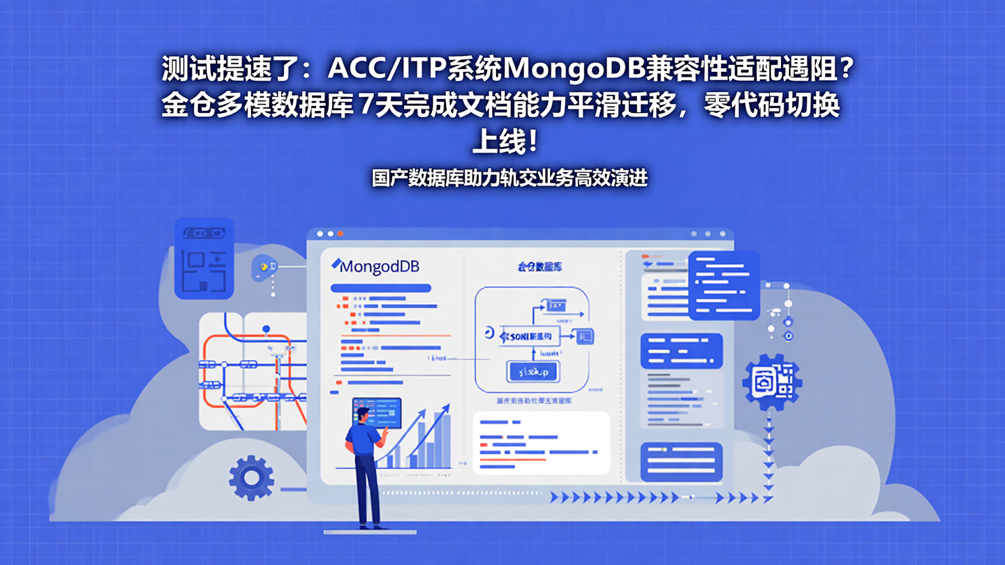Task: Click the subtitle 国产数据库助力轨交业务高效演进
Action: (x=509, y=178)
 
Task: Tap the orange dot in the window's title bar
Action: (x=341, y=234)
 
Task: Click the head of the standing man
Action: (x=362, y=414)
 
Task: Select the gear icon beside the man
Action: (x=251, y=477)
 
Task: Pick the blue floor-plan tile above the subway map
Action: (x=203, y=258)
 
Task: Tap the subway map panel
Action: (x=253, y=371)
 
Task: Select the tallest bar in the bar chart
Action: (x=441, y=439)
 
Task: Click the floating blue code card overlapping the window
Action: (x=724, y=285)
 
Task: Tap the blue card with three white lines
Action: (x=681, y=461)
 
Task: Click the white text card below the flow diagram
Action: (x=541, y=444)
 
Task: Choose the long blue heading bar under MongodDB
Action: (x=380, y=288)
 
